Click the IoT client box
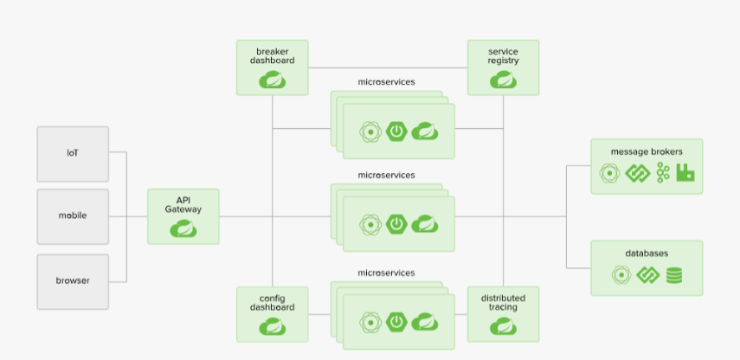coord(73,154)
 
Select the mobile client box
coord(73,216)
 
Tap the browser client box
coord(73,281)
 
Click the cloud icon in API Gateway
coord(183,228)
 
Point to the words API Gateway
coord(183,205)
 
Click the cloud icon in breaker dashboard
coord(273,80)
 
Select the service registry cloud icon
coord(503,80)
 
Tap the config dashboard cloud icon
coord(273,326)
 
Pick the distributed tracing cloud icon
coord(503,326)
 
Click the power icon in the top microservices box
coord(396,132)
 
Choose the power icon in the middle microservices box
coord(396,224)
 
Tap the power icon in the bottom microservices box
coord(396,322)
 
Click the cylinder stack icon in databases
coord(674,275)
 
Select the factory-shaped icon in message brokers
coord(685,173)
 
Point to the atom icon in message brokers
coord(610,173)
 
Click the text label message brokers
coord(647,151)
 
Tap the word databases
coord(647,254)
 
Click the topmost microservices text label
coord(387,82)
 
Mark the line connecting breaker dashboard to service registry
coord(388,68)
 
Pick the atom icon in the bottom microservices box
coord(370,323)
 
